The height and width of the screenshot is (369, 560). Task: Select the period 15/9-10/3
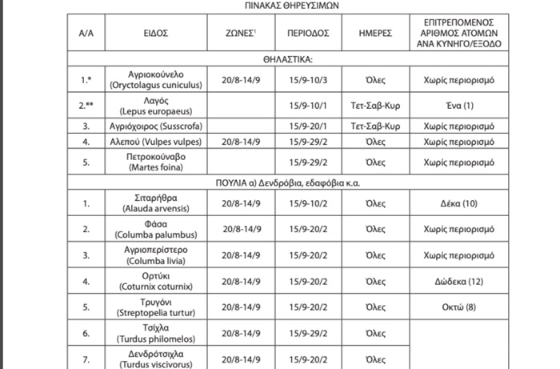(309, 80)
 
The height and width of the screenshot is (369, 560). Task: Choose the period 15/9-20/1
(309, 126)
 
